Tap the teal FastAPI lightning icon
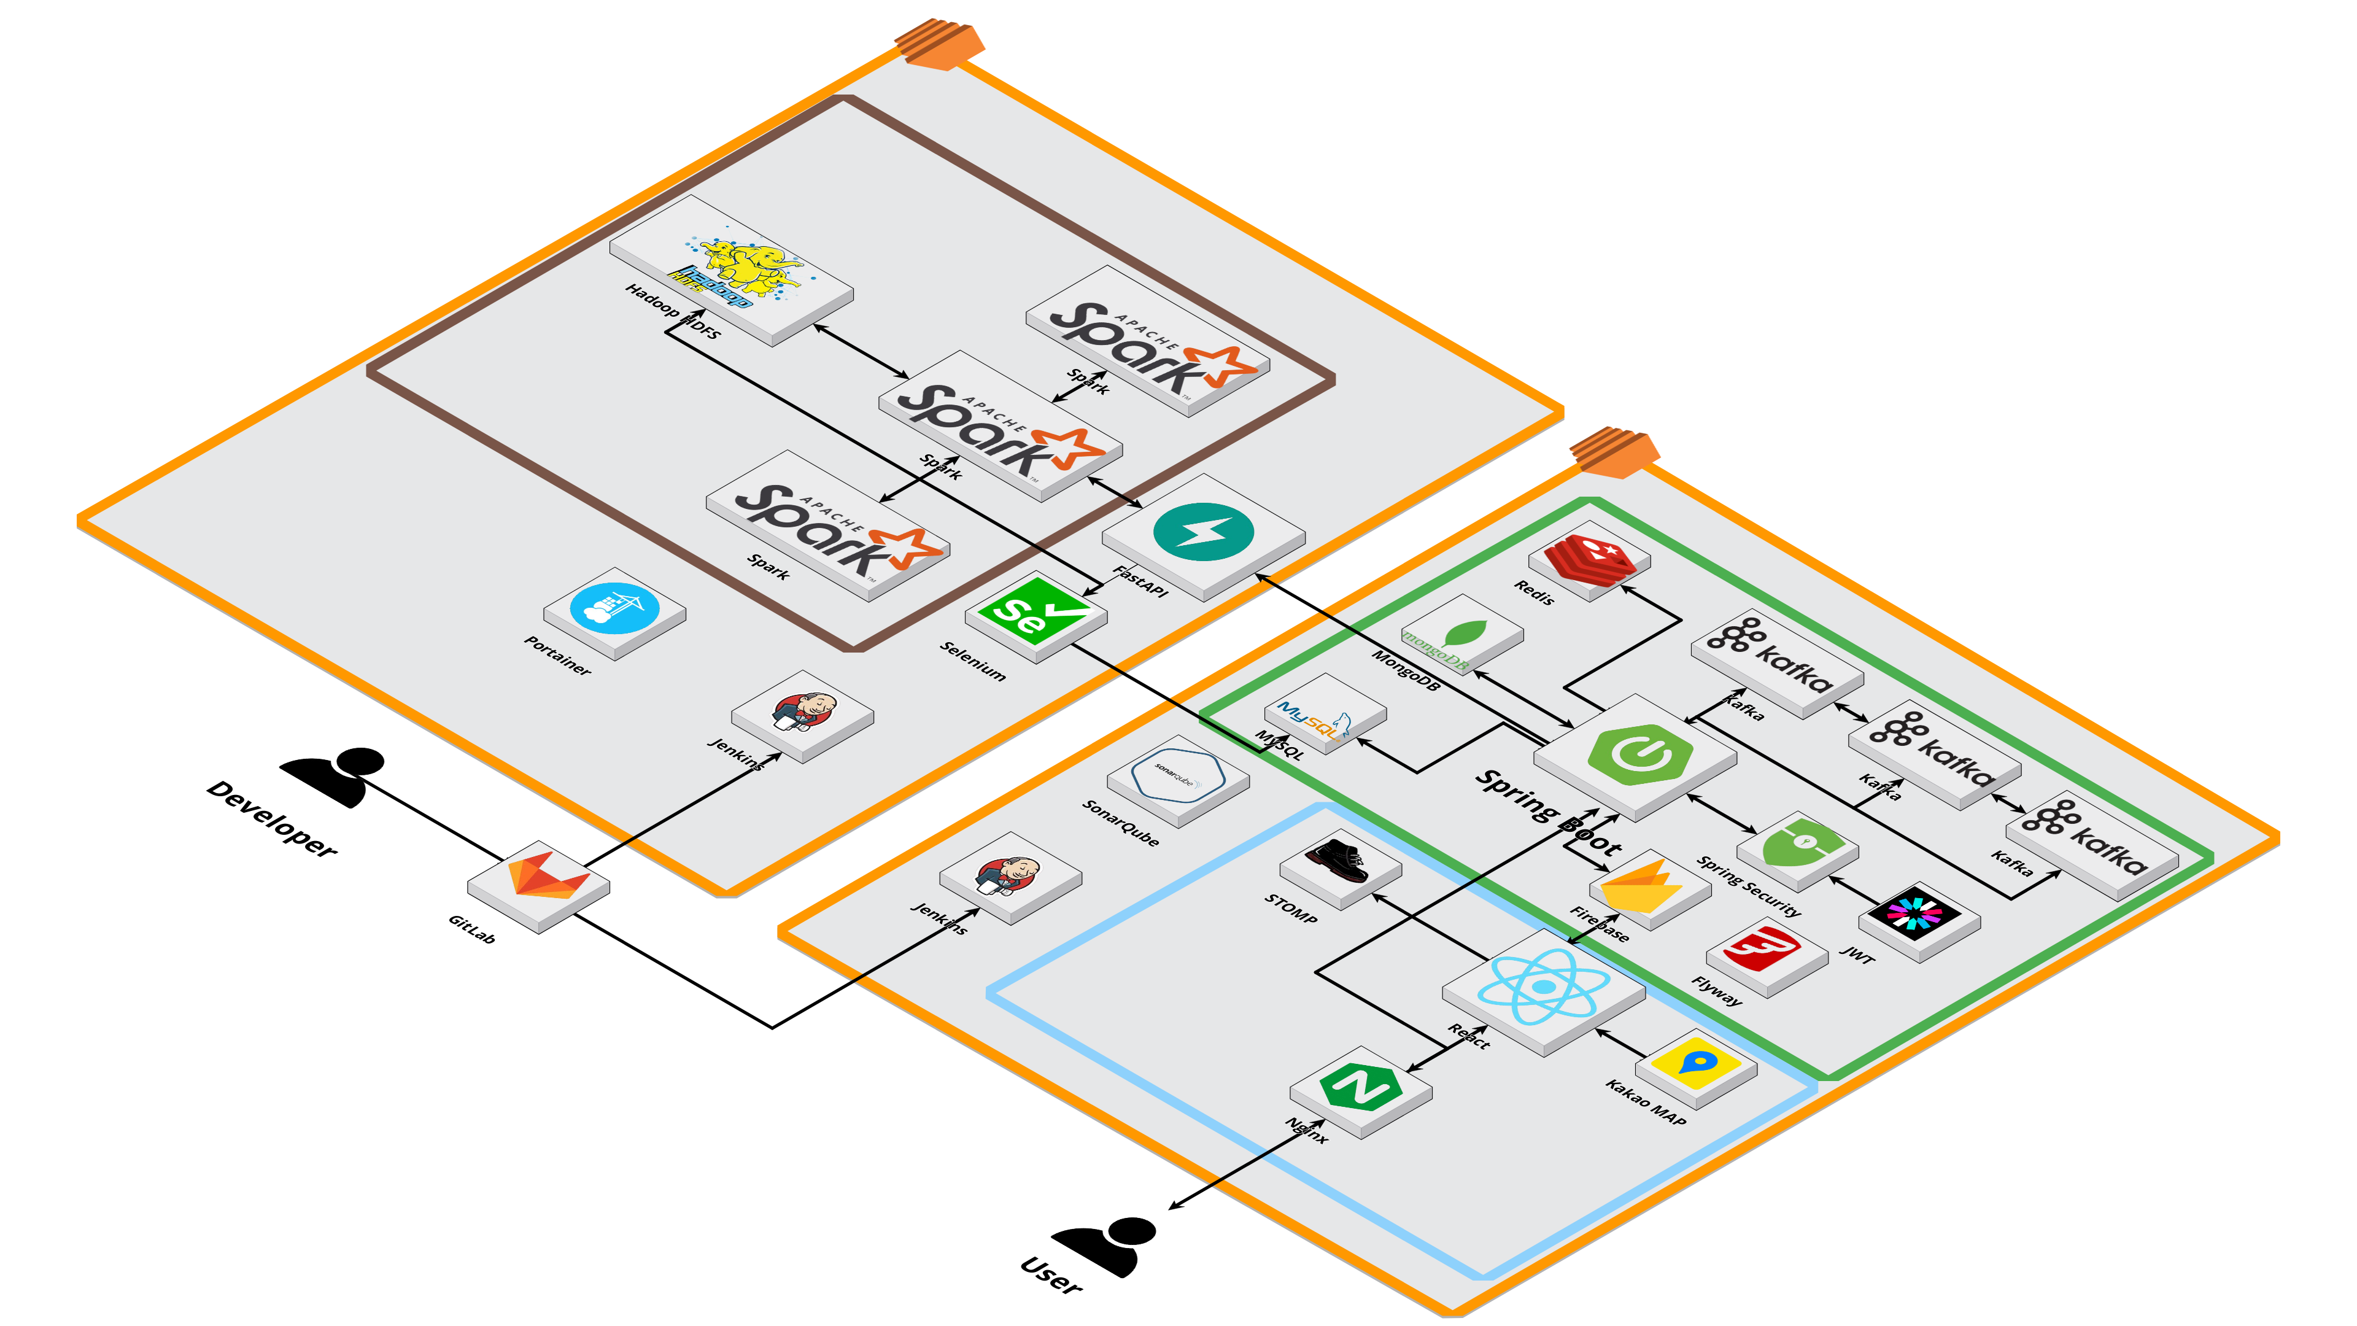click(1203, 531)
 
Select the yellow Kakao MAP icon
click(1695, 1064)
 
